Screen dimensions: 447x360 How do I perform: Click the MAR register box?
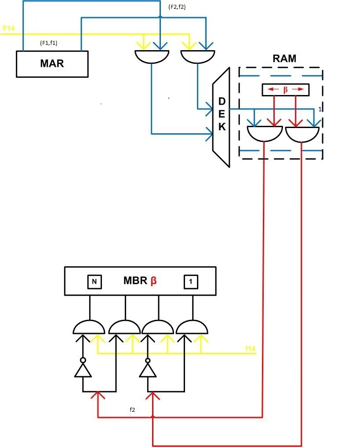click(52, 63)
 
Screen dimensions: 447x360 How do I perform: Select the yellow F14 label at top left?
click(9, 29)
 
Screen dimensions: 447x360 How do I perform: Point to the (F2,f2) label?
click(178, 7)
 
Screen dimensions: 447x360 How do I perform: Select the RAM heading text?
click(284, 59)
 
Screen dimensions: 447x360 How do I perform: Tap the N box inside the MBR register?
click(94, 282)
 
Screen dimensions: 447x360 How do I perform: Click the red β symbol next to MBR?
click(153, 281)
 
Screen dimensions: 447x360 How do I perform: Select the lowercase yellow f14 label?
click(251, 348)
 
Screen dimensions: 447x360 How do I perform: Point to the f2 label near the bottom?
click(132, 410)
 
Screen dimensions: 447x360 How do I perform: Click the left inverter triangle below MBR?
click(83, 370)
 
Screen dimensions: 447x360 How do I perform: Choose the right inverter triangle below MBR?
click(148, 370)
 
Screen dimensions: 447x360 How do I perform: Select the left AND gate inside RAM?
click(264, 133)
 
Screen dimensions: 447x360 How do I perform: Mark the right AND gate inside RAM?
click(302, 134)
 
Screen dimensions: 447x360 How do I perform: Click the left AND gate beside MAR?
click(151, 56)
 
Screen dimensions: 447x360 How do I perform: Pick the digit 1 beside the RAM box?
click(321, 109)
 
